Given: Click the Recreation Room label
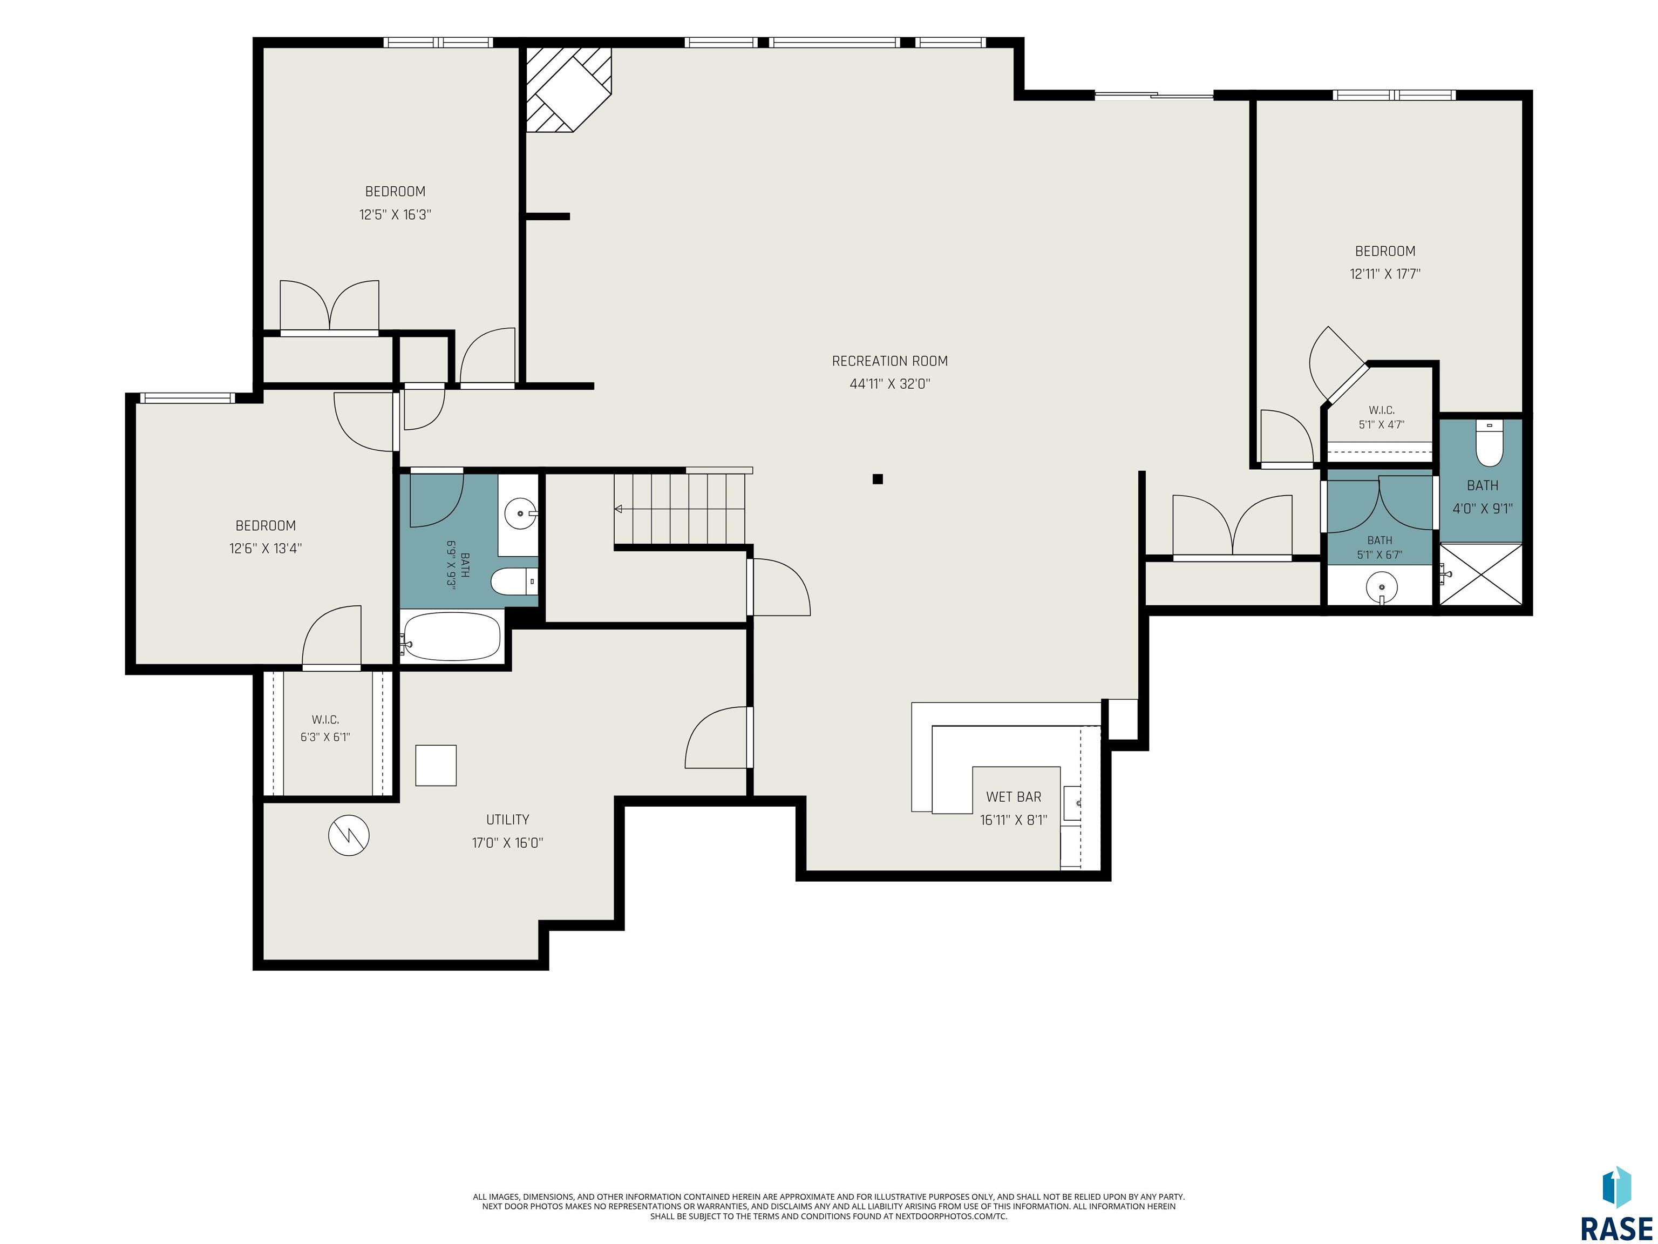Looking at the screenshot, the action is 889,361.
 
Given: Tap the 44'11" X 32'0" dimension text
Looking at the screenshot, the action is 889,384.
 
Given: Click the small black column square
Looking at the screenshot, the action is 878,479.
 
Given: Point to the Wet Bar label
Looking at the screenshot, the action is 1014,797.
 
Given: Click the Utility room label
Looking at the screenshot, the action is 507,820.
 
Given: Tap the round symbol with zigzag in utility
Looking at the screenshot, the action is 349,836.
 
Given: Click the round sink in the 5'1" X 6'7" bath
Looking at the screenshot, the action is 1381,586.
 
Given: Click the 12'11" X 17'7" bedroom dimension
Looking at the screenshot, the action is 1385,274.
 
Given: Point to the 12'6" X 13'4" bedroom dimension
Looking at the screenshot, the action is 266,548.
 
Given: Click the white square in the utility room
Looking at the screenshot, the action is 436,766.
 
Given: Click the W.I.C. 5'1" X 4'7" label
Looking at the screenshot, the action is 1382,417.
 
